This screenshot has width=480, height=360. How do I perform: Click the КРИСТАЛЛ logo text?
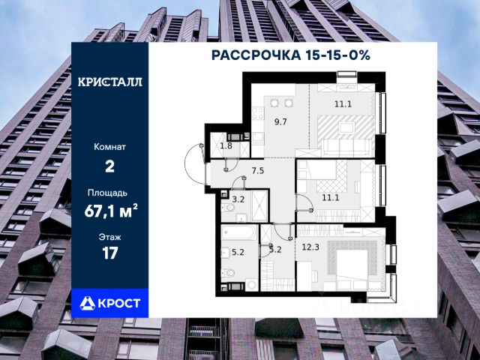click(109, 82)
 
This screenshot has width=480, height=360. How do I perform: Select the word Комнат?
click(109, 147)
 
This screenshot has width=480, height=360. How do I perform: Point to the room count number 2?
click(109, 166)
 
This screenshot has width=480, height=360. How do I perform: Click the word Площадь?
click(109, 192)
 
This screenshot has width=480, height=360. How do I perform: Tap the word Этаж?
click(109, 237)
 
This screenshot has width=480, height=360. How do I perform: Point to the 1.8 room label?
click(226, 145)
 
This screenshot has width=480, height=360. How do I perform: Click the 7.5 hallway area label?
click(257, 170)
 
